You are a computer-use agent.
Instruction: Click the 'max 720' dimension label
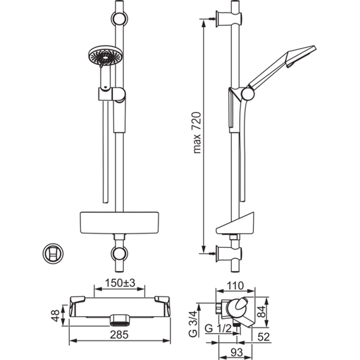tap(197, 132)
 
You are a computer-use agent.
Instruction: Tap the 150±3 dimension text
tap(120, 283)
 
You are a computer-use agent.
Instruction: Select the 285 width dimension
tap(119, 335)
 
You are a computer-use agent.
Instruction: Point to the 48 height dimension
tap(55, 315)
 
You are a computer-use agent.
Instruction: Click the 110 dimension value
tap(235, 286)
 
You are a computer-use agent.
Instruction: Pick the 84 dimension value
tap(261, 311)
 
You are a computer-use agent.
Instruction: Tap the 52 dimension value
tap(263, 337)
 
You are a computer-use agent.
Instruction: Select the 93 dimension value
tap(236, 352)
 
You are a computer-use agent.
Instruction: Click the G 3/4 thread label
tap(193, 324)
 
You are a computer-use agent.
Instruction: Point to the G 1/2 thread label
tap(218, 329)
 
